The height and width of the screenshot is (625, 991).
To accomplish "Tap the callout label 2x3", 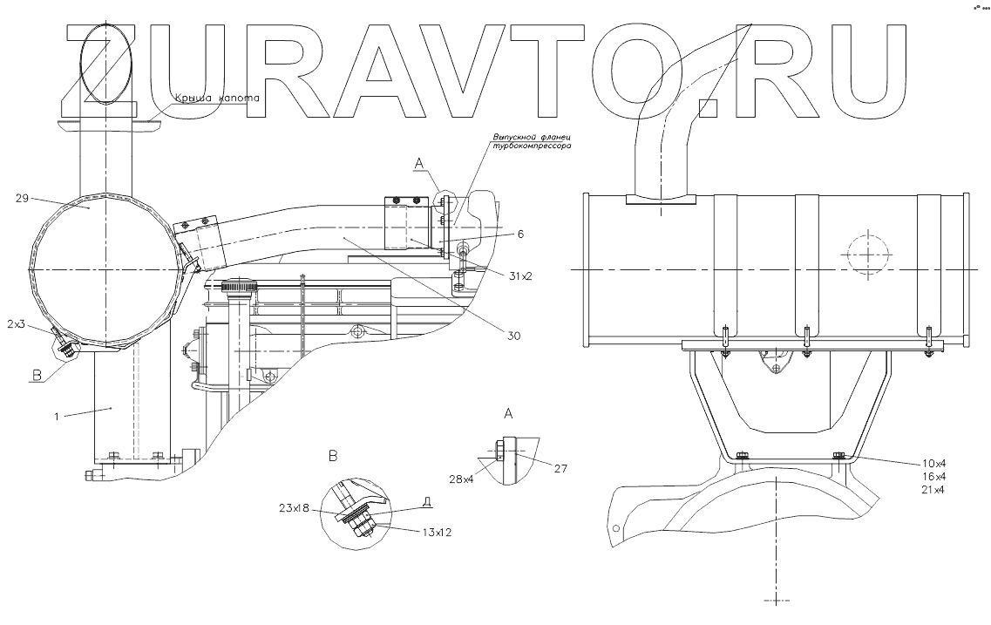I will (17, 324).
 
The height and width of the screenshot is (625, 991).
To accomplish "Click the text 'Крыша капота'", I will (217, 99).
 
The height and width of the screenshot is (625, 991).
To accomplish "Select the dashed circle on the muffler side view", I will (867, 253).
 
